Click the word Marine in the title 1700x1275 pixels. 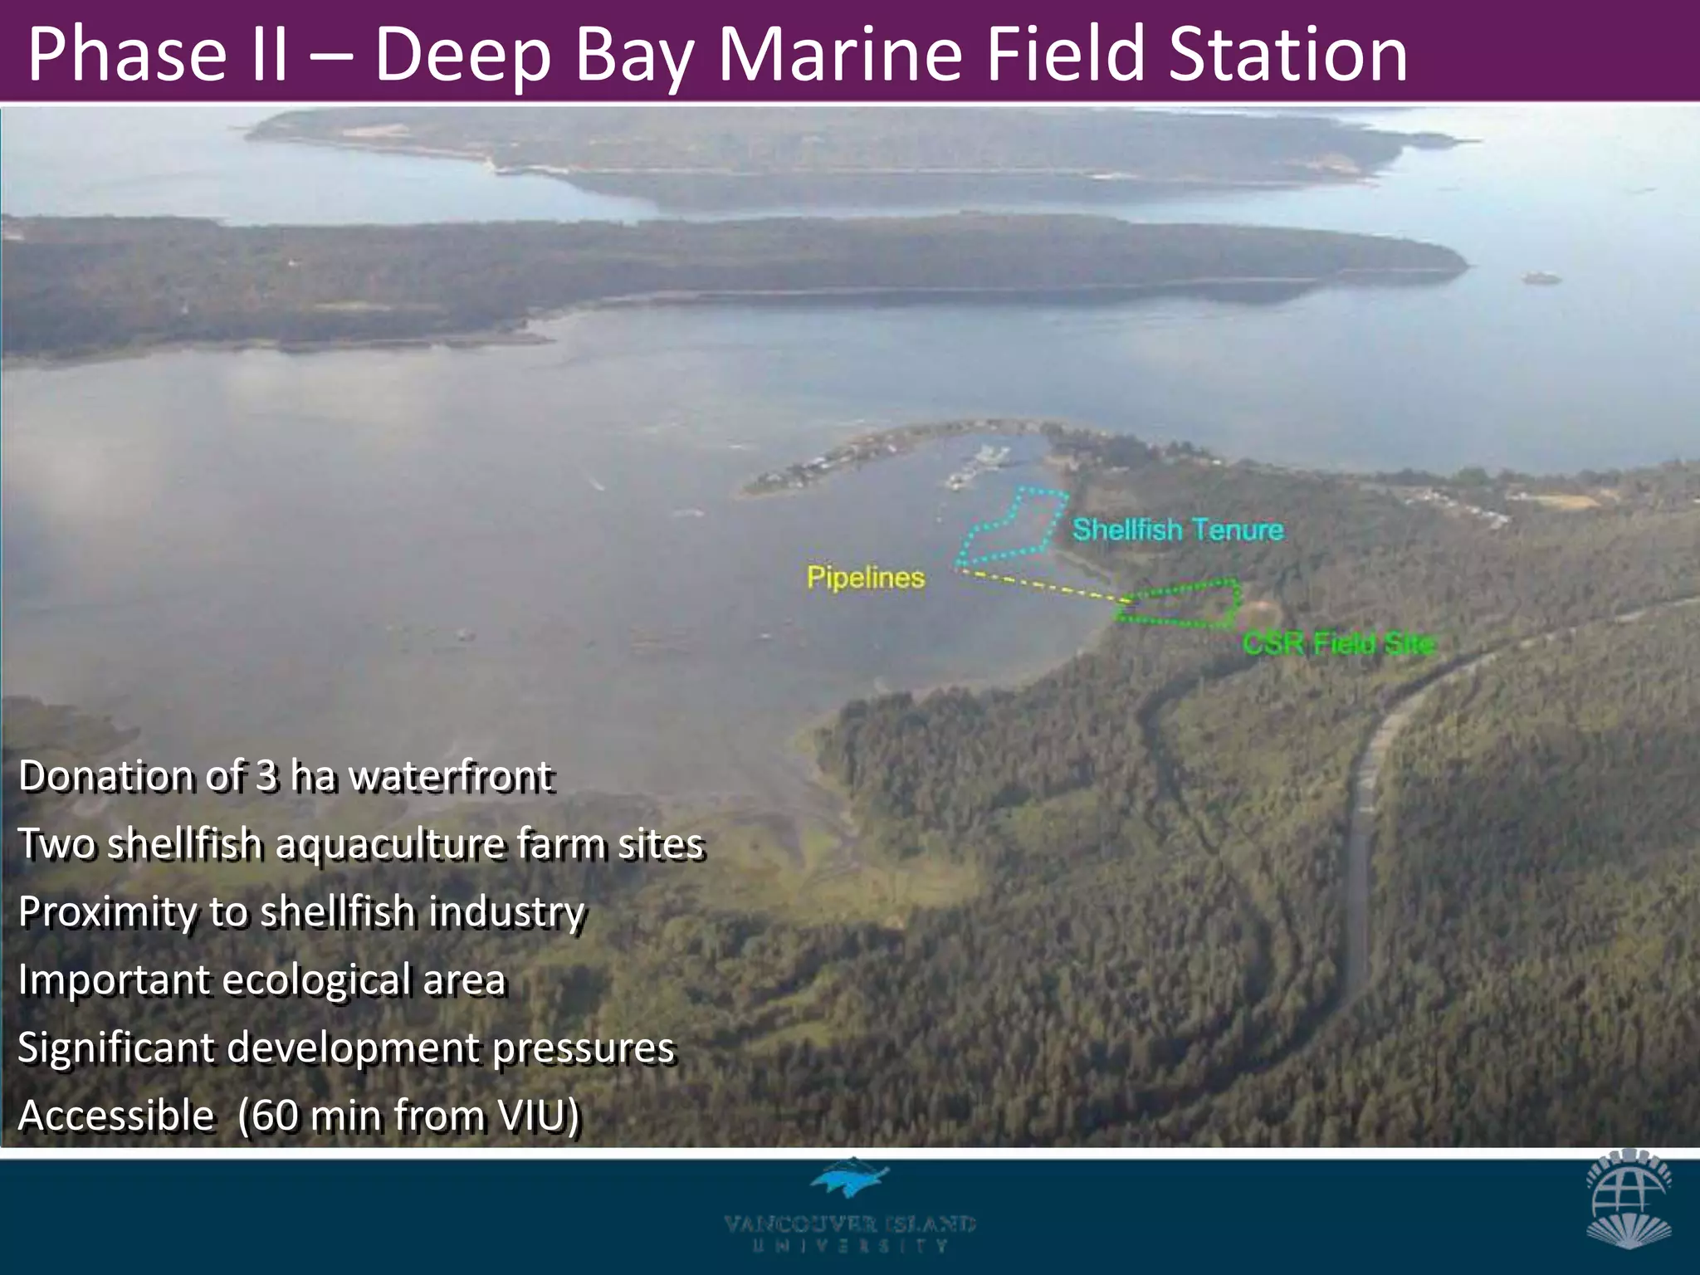pos(839,54)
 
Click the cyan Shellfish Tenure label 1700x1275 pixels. pos(1177,530)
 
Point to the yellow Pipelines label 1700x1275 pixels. pos(865,578)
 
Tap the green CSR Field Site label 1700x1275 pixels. pos(1338,643)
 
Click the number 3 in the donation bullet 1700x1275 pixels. pos(266,776)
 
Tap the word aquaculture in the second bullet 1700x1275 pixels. pos(389,844)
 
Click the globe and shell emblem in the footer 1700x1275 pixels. pos(1628,1198)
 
